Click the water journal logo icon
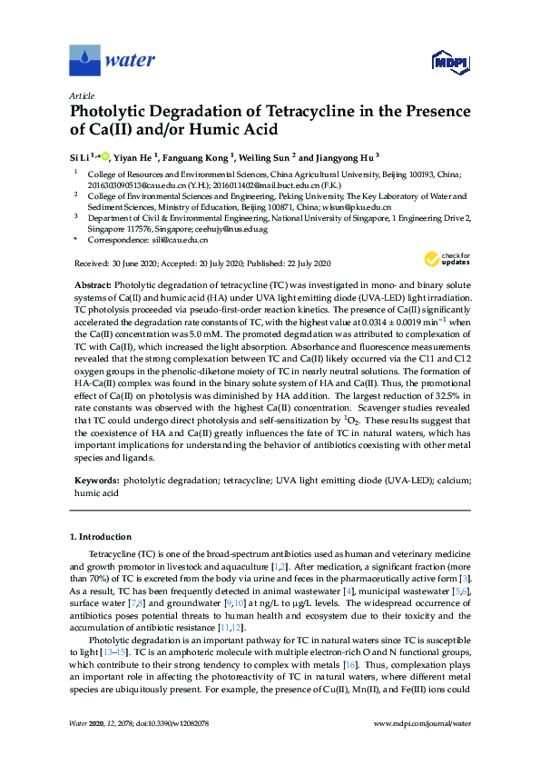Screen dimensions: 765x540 [x=84, y=61]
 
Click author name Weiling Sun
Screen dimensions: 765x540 [x=269, y=156]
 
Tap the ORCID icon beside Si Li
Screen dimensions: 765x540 [x=105, y=156]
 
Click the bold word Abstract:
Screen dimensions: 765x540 [x=93, y=285]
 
